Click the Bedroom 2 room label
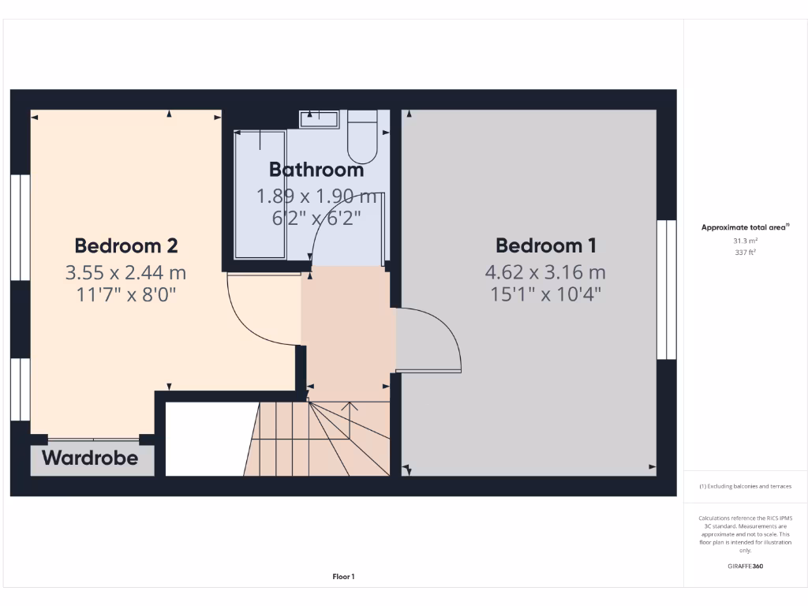coord(126,245)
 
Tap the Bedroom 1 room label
coord(546,245)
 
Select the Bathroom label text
coord(316,170)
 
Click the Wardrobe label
coord(90,458)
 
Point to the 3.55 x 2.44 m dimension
coord(126,273)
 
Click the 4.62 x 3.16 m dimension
coord(545,273)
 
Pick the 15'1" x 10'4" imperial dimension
coord(545,294)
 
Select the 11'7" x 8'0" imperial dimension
coord(126,294)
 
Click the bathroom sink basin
coord(319,119)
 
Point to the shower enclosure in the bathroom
coord(260,193)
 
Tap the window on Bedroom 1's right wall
coord(667,289)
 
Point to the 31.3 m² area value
coord(746,241)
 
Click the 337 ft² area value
coord(746,253)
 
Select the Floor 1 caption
coord(343,577)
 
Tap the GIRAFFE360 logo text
coord(746,566)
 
